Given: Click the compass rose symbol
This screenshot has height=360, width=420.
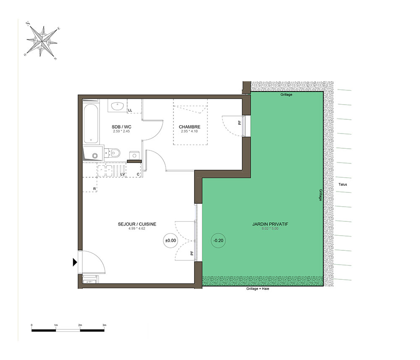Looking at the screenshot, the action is coord(42,41).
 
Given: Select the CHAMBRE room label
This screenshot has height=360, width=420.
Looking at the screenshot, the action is coord(190,127).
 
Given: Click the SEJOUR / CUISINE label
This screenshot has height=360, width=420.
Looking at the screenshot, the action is coord(137,224).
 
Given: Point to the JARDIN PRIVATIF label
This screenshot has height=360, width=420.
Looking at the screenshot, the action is coord(270,224).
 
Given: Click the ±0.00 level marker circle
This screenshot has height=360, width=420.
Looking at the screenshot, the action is coord(171,241).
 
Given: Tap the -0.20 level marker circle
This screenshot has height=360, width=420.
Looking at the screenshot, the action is coord(218,241).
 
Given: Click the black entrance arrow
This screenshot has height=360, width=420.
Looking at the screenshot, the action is coord(75,262).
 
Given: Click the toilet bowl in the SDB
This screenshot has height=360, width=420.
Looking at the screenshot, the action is coord(114,153).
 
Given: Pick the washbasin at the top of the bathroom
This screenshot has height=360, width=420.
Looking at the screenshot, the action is coord(117,106).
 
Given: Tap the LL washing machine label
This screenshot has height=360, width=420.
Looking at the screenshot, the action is coord(130,110).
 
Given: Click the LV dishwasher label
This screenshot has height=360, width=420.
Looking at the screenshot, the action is coord(123,174).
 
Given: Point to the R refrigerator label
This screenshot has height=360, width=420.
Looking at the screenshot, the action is coord(94,189).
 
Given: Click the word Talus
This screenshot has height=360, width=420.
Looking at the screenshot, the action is coord(343,184).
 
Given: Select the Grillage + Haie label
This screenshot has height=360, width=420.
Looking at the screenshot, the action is coord(258,289).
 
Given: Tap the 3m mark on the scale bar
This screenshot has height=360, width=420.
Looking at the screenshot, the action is coord(104,325).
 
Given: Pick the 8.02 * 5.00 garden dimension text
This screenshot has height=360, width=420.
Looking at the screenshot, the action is coord(270,229).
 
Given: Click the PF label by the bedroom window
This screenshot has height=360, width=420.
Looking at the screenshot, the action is coord(240,122).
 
